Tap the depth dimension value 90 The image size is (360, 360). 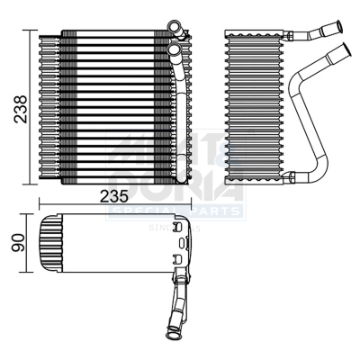[x=16, y=244]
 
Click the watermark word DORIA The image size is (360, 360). [x=175, y=189]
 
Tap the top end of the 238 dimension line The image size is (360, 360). [x=35, y=31]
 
